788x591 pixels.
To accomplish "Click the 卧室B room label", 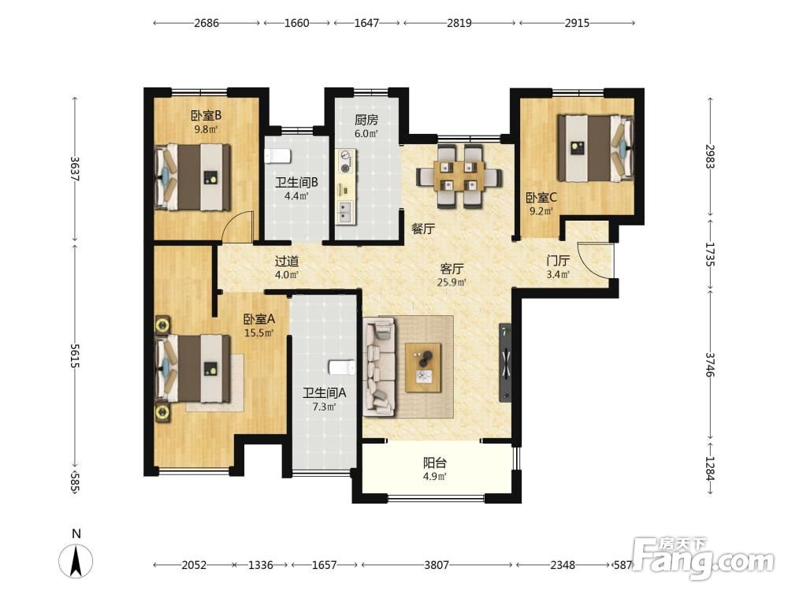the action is coord(206,115).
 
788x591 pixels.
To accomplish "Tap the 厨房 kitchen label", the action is coord(366,120).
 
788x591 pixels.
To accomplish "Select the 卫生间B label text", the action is coord(296,183).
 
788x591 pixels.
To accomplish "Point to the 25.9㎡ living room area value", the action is coord(452,282).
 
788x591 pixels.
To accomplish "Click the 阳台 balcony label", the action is coord(435,463).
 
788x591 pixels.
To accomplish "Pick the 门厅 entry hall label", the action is coord(558,260).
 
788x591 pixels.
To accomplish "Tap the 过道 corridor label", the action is coord(287,262).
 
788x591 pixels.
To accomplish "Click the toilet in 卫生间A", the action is coord(342,367).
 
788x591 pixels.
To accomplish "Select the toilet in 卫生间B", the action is coord(277,156).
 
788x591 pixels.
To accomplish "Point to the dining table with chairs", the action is coord(459,177).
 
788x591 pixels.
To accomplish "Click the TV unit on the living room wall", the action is coord(505,362).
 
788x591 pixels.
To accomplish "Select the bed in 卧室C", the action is coord(596,148).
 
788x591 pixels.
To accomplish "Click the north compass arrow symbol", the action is coord(76,561).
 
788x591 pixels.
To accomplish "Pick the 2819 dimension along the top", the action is coord(459,23).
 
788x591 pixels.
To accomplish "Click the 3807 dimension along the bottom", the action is coord(437,565).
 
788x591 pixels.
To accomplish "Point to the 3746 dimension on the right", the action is coord(710,364).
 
